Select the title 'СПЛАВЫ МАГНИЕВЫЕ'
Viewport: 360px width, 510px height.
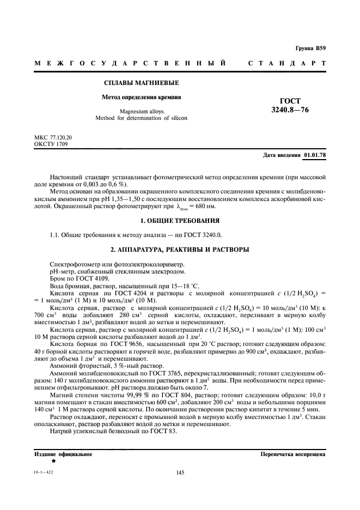coord(142,83)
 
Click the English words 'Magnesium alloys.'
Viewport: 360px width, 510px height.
coord(142,111)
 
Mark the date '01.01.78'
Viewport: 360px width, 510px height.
coord(314,155)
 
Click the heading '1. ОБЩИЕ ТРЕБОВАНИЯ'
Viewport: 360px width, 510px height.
coord(180,221)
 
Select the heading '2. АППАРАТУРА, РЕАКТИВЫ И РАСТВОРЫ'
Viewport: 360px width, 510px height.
coord(180,250)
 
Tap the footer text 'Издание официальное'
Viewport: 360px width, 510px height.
coord(63,454)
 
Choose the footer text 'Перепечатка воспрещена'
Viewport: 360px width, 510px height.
coord(292,454)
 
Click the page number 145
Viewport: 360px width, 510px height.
coord(180,473)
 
